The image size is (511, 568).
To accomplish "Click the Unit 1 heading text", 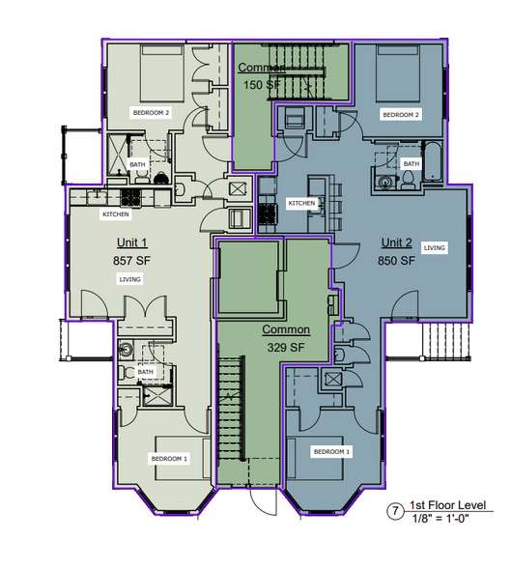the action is pyautogui.click(x=132, y=242).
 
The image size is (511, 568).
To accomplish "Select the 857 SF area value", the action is pyautogui.click(x=131, y=261).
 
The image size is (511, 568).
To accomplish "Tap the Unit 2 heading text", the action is pyautogui.click(x=397, y=242).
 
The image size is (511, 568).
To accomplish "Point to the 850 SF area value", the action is pyautogui.click(x=397, y=261).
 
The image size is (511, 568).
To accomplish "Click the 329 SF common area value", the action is pyautogui.click(x=286, y=348).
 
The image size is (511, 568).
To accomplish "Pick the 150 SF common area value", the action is pyautogui.click(x=262, y=85).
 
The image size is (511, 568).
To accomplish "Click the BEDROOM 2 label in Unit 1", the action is pyautogui.click(x=151, y=113).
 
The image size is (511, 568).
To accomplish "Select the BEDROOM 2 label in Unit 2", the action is pyautogui.click(x=401, y=115).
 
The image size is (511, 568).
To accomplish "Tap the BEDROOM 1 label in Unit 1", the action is pyautogui.click(x=169, y=459).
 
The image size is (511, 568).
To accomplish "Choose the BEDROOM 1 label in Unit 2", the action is pyautogui.click(x=331, y=452).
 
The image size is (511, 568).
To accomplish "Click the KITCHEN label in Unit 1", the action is pyautogui.click(x=116, y=214).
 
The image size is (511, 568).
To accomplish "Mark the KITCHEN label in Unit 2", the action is pyautogui.click(x=301, y=203).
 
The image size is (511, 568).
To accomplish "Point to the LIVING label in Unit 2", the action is pyautogui.click(x=435, y=247).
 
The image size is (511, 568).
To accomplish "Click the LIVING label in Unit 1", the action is pyautogui.click(x=130, y=279).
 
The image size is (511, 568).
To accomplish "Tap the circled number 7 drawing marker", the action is pyautogui.click(x=395, y=511).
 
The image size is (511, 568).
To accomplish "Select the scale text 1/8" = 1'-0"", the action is pyautogui.click(x=440, y=519).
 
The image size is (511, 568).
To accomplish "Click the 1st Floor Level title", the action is pyautogui.click(x=447, y=505).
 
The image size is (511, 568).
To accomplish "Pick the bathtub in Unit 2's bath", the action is pyautogui.click(x=433, y=161).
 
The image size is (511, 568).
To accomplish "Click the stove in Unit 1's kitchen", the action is pyautogui.click(x=130, y=198).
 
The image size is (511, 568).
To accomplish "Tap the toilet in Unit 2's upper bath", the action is pyautogui.click(x=409, y=180).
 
